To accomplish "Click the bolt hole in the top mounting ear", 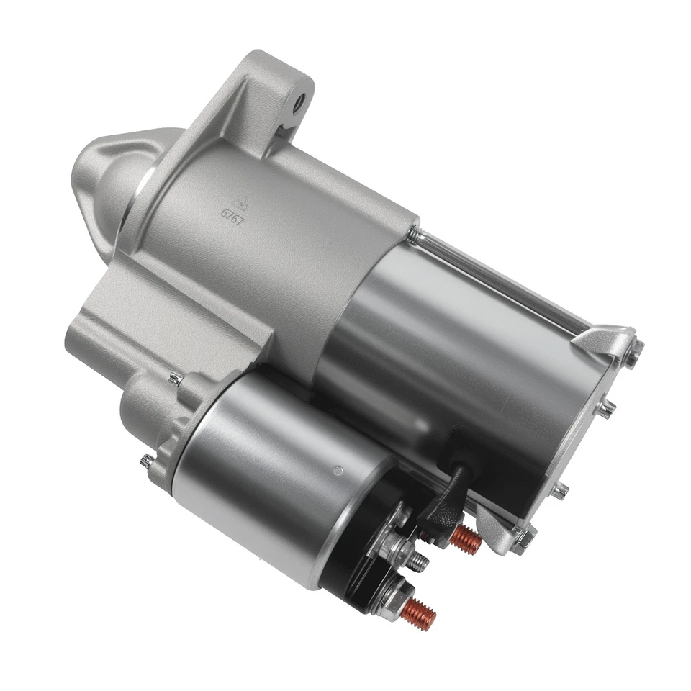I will [x=299, y=101].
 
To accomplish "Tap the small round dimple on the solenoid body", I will [x=338, y=471].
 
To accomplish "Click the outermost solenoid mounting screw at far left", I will [x=147, y=461].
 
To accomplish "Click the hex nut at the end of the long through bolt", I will [x=633, y=352].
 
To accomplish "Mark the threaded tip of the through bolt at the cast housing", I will [x=413, y=233].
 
